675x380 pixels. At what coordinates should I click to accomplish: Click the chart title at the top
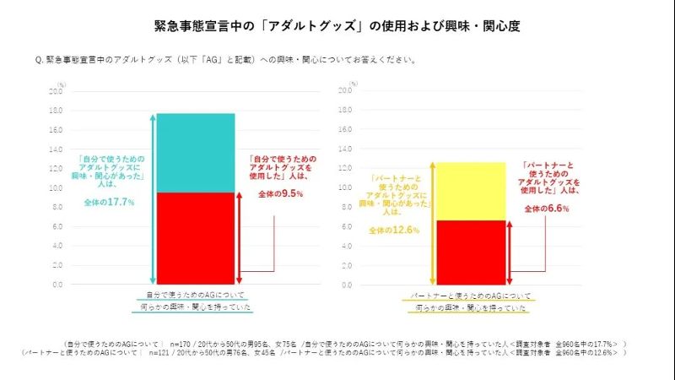337,25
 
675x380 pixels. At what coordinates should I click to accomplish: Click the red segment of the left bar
195,238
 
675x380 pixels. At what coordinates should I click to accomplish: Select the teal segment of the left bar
195,153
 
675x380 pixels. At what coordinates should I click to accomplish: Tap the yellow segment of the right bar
470,191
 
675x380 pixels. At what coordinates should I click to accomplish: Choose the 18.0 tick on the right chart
348,111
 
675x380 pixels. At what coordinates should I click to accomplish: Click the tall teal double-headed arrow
152,198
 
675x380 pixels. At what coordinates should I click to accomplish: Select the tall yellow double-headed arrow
433,224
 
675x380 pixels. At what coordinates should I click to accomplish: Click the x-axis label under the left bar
195,301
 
